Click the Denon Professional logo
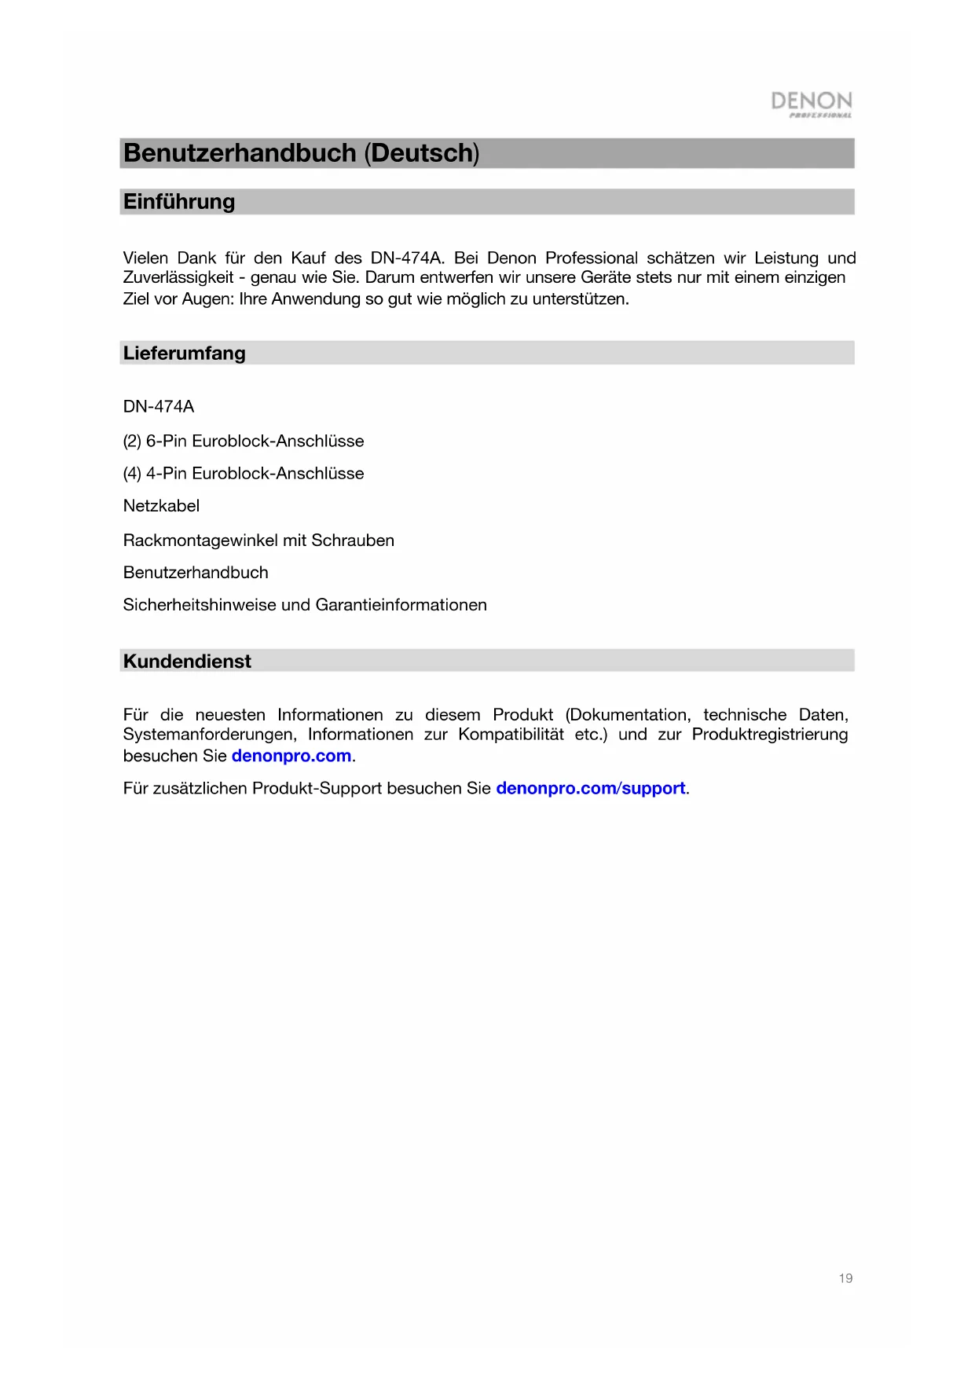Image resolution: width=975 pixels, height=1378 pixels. (811, 104)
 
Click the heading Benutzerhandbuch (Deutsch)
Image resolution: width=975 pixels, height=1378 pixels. (301, 153)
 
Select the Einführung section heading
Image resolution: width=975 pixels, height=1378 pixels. (179, 202)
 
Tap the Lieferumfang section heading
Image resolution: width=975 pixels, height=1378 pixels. (185, 354)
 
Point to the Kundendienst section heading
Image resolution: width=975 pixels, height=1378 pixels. (187, 662)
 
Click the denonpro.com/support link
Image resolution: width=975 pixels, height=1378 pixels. (591, 788)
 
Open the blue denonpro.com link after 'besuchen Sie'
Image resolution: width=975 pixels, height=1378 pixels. (291, 756)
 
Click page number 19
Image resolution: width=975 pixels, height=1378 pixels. (845, 1278)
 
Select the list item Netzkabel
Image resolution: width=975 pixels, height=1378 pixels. (161, 506)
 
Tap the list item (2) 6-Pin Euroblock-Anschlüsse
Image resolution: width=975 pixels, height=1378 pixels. (244, 441)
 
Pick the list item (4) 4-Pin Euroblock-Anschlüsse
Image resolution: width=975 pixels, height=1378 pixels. (244, 473)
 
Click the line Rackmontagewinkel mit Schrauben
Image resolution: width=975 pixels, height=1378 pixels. (258, 541)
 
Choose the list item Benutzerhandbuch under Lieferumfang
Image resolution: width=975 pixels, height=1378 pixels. (196, 573)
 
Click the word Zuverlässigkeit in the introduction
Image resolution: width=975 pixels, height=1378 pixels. (178, 277)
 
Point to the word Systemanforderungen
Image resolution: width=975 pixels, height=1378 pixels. (209, 735)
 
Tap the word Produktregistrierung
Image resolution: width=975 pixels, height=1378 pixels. (770, 735)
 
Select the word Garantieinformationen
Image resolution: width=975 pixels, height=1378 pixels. (401, 605)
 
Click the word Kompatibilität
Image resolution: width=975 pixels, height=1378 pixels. (511, 735)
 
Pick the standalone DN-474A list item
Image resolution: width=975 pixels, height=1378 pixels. (159, 407)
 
